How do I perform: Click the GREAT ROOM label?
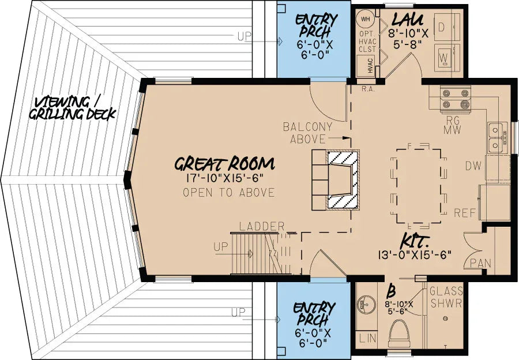pos(224,163)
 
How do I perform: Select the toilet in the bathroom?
pos(400,336)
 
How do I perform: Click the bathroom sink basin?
pos(366,302)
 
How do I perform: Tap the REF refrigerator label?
pos(465,213)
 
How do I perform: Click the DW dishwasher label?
pos(473,166)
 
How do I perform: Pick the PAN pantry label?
pos(480,264)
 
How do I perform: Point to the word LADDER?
pos(262,227)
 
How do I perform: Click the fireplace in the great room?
pos(343,179)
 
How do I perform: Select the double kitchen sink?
pos(495,138)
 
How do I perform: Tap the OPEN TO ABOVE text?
pos(228,193)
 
